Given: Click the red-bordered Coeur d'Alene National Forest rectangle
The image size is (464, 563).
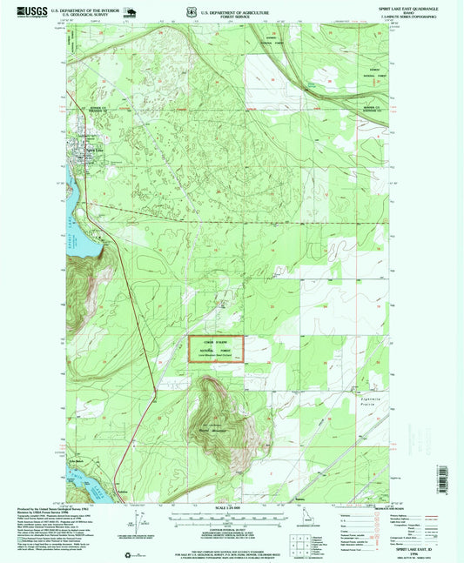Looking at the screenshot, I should [x=217, y=350].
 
